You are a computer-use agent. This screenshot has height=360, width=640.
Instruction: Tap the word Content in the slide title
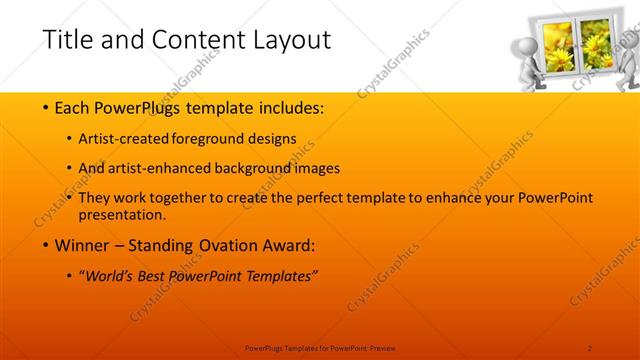pyautogui.click(x=191, y=40)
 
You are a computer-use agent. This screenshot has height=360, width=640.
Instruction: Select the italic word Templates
pyautogui.click(x=278, y=277)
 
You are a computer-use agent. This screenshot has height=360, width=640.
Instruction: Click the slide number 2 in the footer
pyautogui.click(x=590, y=347)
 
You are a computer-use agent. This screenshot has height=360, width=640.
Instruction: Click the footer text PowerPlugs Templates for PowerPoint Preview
pyautogui.click(x=320, y=347)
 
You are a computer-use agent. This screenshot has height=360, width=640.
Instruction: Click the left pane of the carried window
pyautogui.click(x=557, y=47)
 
